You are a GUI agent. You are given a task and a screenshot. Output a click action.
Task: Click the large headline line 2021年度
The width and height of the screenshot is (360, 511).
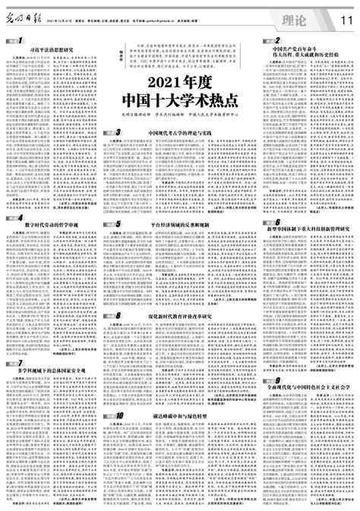[179, 80]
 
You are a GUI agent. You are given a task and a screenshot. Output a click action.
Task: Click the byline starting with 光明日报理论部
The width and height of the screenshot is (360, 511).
[179, 115]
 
